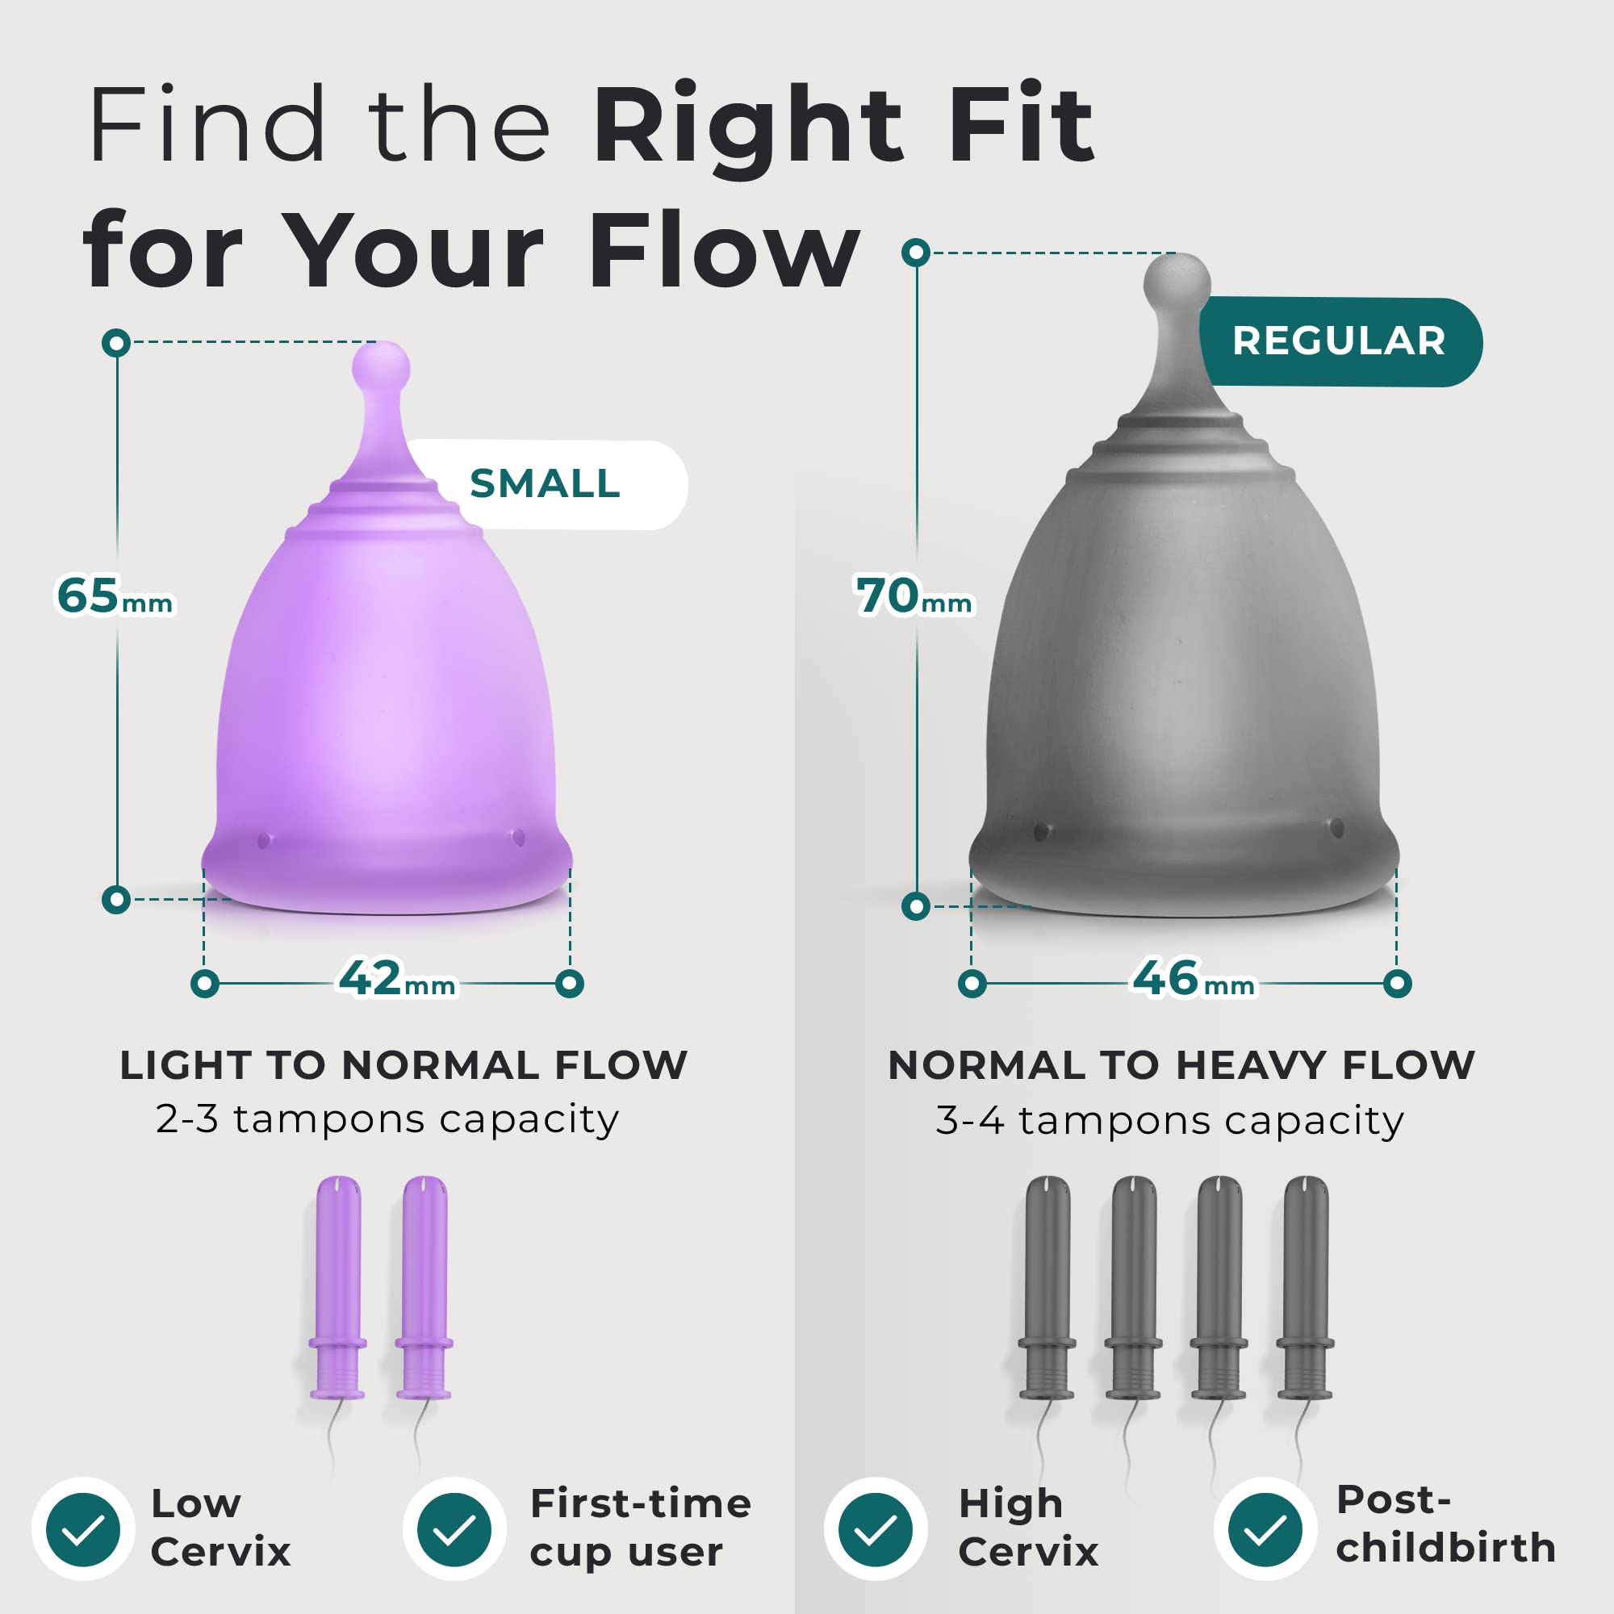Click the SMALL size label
click(545, 483)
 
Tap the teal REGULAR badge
click(1340, 341)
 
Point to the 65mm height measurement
click(115, 596)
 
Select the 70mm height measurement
click(914, 596)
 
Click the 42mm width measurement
click(397, 978)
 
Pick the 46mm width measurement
click(1193, 978)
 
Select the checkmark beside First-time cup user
click(454, 1528)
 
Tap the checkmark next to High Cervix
click(876, 1528)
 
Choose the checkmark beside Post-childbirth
click(1265, 1528)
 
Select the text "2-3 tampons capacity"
click(387, 1120)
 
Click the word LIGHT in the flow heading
click(187, 1066)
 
